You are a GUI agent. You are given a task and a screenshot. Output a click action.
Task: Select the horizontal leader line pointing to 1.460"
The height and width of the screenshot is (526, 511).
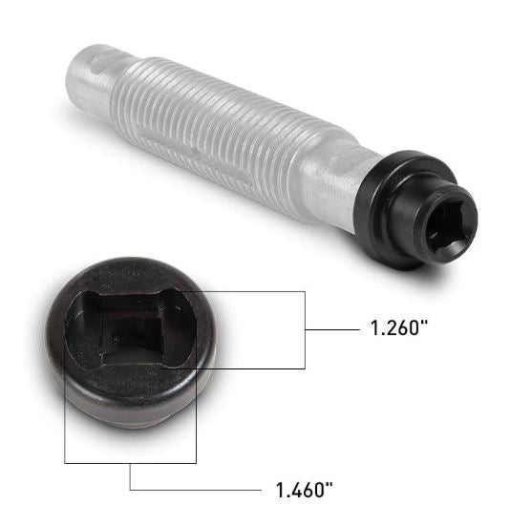point(196,491)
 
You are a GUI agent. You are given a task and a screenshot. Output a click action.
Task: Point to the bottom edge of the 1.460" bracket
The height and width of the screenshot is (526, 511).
point(130,462)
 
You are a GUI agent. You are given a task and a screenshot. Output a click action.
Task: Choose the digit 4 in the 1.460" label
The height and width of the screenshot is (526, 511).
point(293,492)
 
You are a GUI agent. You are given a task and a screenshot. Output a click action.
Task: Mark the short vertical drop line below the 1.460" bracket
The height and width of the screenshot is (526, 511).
point(130,476)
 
